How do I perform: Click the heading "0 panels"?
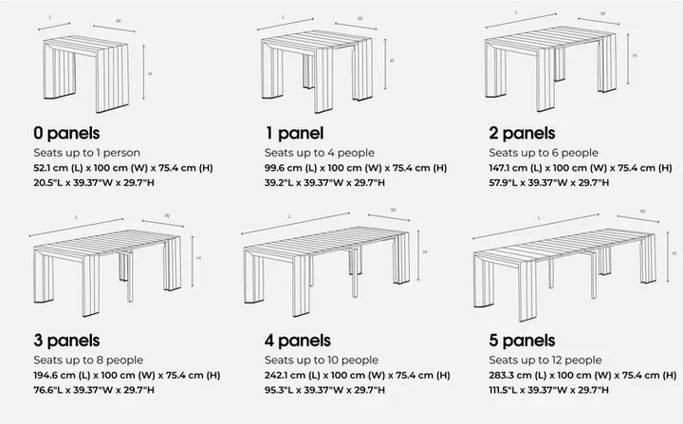pos(66,133)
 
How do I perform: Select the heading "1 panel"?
pos(294,133)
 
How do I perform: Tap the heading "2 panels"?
pos(522,133)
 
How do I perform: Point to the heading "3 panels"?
pos(66,341)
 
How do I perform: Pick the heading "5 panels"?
pos(522,341)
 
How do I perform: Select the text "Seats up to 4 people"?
pos(319,152)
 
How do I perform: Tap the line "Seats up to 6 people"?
pos(544,152)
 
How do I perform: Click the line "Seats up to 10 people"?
pos(322,360)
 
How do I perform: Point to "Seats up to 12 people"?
pos(545,360)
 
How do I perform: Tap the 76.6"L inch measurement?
pos(49,390)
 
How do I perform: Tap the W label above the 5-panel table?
pos(644,211)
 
